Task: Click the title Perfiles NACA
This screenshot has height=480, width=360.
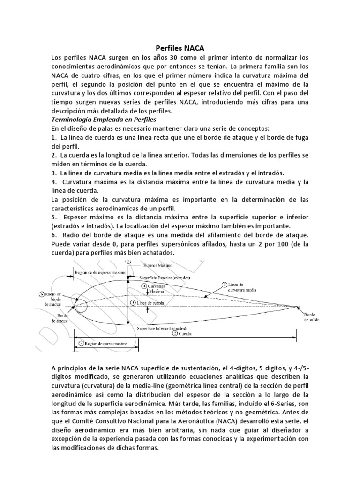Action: [x=180, y=47]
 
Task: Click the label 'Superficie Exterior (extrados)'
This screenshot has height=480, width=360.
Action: [x=162, y=277]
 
